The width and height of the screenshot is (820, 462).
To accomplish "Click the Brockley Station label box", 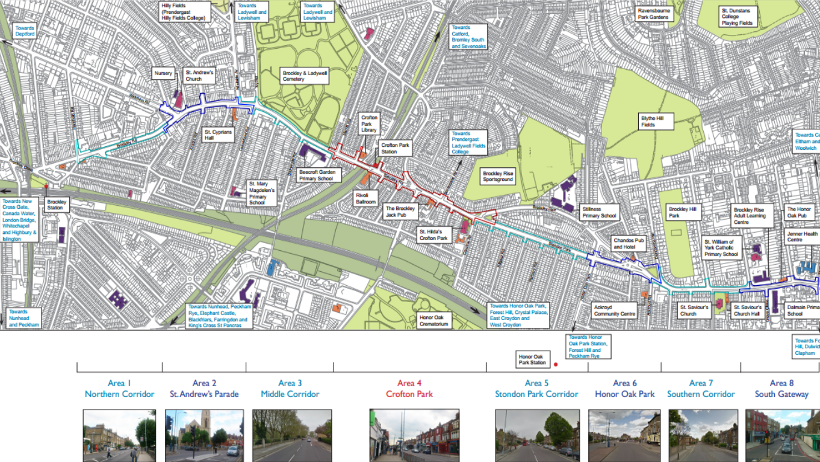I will pyautogui.click(x=57, y=205).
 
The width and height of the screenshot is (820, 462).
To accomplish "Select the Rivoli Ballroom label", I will pyautogui.click(x=367, y=199).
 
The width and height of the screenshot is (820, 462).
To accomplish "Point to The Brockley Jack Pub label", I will pyautogui.click(x=400, y=211).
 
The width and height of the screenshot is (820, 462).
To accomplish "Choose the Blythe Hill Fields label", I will pyautogui.click(x=656, y=122).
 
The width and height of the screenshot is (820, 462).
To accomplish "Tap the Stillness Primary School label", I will pyautogui.click(x=600, y=212).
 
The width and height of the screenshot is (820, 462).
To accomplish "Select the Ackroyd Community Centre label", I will pyautogui.click(x=615, y=310).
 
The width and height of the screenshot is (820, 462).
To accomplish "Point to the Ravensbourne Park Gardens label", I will pyautogui.click(x=653, y=14).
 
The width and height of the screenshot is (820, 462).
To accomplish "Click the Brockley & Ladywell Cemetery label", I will pyautogui.click(x=305, y=75).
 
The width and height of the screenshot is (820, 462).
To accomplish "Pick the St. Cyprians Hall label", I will pyautogui.click(x=218, y=134).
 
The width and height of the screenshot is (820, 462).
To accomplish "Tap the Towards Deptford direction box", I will pyautogui.click(x=25, y=31).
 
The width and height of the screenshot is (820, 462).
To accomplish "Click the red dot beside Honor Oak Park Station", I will pyautogui.click(x=556, y=364).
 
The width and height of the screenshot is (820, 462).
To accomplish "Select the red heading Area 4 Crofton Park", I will pyautogui.click(x=409, y=389).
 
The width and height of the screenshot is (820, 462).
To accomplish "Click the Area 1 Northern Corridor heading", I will pyautogui.click(x=119, y=389).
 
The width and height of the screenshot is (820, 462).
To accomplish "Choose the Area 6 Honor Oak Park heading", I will pyautogui.click(x=624, y=389).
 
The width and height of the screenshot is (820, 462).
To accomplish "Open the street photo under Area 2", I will pyautogui.click(x=204, y=436).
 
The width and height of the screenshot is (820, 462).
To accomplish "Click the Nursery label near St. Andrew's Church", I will pyautogui.click(x=163, y=73).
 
